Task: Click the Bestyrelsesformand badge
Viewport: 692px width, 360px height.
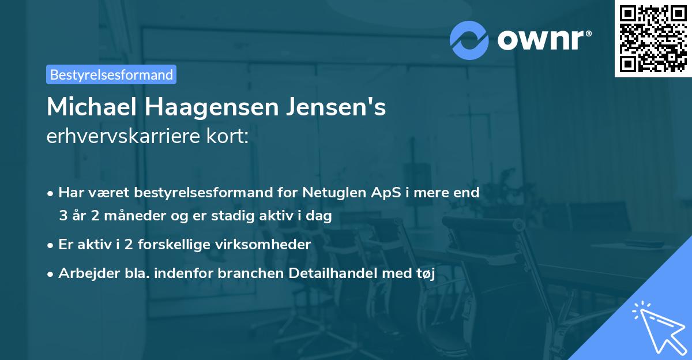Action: (x=111, y=74)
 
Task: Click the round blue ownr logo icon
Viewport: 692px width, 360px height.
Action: (x=469, y=40)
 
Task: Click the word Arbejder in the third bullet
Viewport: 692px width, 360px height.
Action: (x=83, y=273)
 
